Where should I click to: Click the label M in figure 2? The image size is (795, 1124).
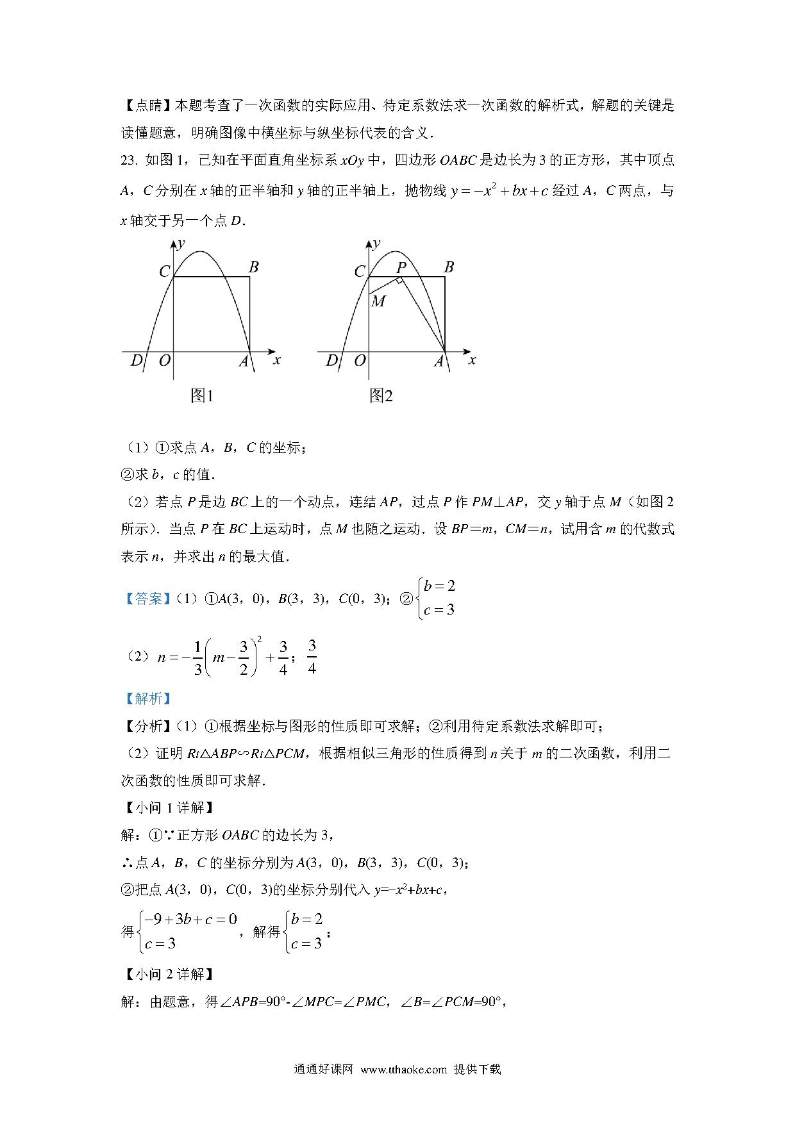378,301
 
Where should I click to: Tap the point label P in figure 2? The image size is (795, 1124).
401,267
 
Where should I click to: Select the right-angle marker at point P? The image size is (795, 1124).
399,281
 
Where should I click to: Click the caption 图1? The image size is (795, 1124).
201,396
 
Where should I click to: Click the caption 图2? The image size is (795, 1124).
381,396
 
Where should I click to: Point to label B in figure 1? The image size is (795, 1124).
253,267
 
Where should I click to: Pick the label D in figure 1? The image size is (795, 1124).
136,361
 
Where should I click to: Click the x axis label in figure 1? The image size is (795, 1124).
277,360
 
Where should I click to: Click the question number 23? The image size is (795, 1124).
130,160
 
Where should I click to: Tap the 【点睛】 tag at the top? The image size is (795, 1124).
144,106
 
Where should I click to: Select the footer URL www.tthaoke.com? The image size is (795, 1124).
403,1069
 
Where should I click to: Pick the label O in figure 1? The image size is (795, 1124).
165,361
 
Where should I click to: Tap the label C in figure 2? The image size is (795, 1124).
360,272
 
